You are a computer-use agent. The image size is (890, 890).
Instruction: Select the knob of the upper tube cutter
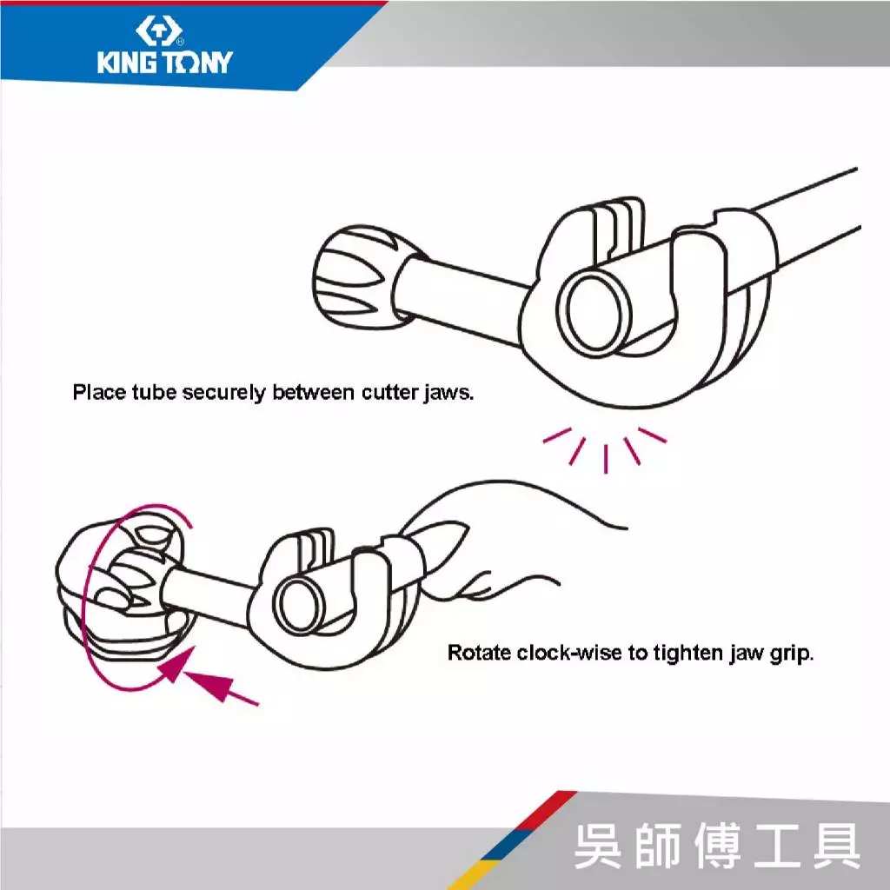tap(363, 277)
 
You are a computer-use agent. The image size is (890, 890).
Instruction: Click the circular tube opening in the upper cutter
tap(594, 312)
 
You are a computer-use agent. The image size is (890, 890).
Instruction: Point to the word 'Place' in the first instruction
tap(99, 392)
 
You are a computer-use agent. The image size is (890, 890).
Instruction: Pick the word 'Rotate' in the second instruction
tap(479, 653)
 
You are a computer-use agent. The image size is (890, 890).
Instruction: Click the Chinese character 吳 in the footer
tap(600, 846)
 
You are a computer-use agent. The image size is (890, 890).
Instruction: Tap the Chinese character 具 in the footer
tap(836, 846)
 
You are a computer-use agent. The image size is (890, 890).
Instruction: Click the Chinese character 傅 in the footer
tap(718, 846)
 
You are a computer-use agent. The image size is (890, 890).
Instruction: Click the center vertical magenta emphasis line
tap(606, 459)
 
